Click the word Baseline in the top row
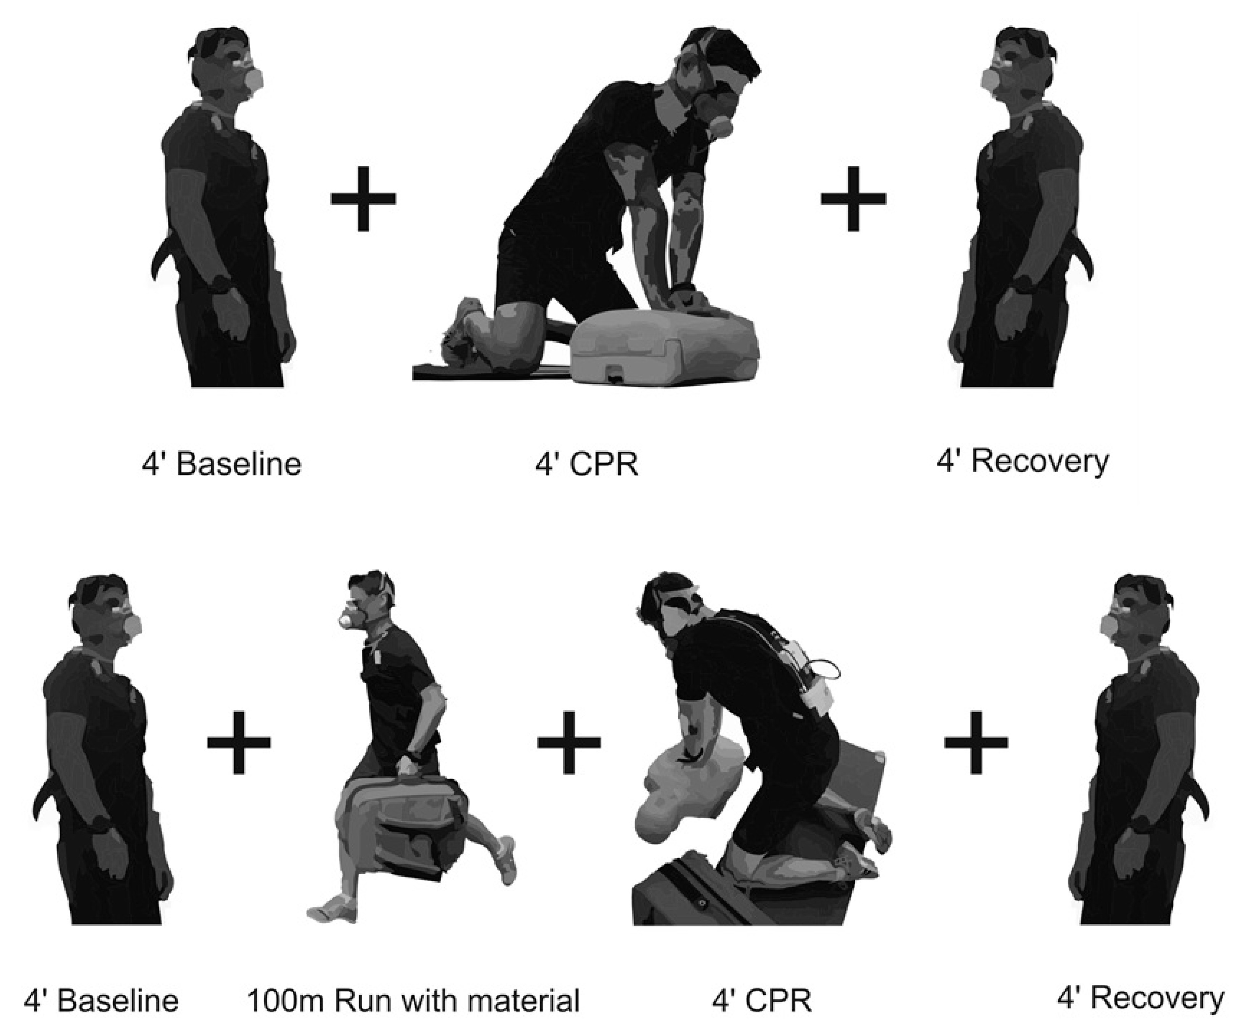click(x=239, y=464)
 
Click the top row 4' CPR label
click(x=587, y=464)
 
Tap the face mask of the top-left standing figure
click(x=253, y=81)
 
